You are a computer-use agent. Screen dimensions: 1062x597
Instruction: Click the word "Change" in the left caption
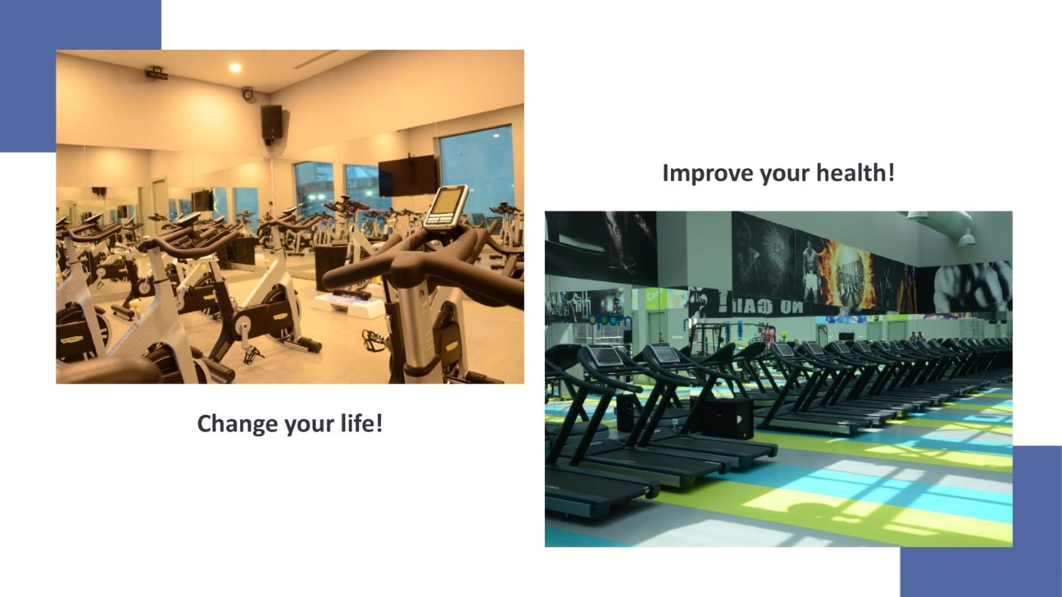[238, 424]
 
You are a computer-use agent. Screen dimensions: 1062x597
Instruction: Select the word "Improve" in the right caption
[707, 173]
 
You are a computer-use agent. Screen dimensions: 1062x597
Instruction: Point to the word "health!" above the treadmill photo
[855, 172]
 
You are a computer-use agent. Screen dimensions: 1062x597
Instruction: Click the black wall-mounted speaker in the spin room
[271, 122]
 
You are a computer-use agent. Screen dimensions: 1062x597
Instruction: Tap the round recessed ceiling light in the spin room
[235, 68]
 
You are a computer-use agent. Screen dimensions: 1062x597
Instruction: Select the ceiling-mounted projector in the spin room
[156, 74]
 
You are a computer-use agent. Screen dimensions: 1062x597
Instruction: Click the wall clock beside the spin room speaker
[247, 93]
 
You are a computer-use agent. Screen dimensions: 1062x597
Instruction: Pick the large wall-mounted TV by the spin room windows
[407, 176]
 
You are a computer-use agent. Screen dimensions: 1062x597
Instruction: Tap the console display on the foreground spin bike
[446, 207]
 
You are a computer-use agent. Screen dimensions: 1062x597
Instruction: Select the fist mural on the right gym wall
[973, 286]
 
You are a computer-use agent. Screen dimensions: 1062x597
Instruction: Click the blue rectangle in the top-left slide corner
[81, 76]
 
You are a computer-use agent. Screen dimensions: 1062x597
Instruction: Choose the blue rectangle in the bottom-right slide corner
[981, 521]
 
